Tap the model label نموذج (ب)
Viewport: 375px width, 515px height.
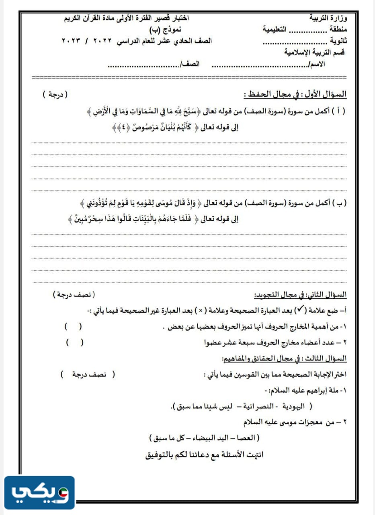click(170, 29)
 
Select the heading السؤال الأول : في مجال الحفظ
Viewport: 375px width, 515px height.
click(295, 95)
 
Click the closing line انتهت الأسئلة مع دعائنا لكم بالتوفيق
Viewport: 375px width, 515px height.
click(204, 455)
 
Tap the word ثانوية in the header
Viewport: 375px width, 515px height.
click(338, 41)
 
